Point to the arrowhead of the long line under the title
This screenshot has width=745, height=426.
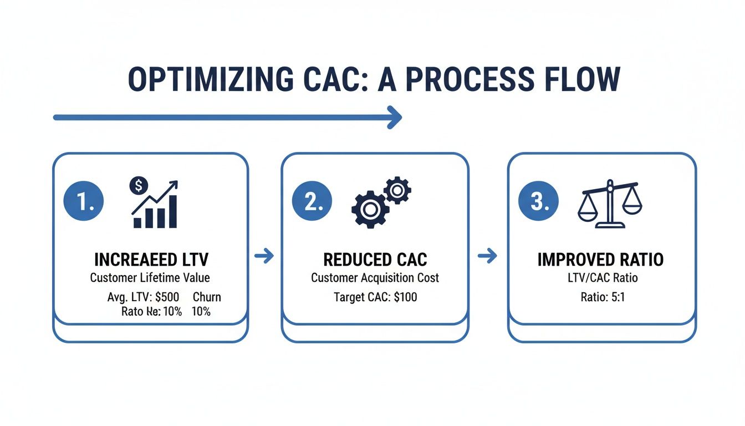[395, 117]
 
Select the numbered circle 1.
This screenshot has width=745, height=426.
[84, 202]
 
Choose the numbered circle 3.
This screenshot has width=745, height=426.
[538, 202]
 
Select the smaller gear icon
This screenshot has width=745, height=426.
[397, 190]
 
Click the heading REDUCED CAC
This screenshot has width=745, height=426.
[375, 260]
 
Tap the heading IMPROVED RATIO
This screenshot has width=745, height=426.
[600, 260]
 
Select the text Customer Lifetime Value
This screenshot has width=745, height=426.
[150, 277]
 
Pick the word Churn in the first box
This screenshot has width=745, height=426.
[207, 297]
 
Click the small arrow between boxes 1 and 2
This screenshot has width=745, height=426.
[264, 256]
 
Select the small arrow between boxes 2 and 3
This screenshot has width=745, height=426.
[487, 256]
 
